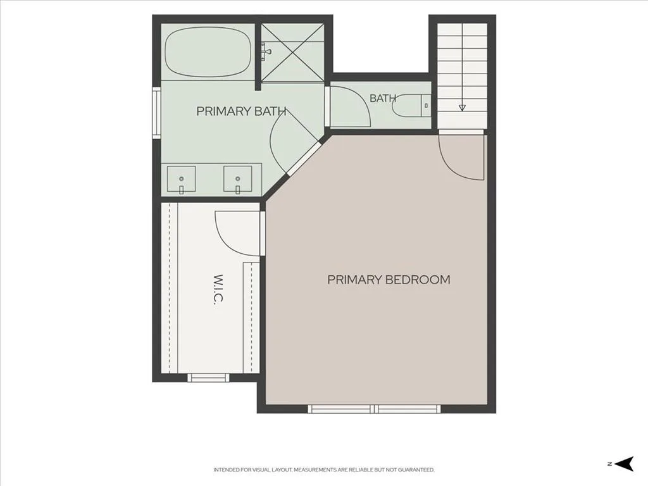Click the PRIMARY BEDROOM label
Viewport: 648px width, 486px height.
pos(389,280)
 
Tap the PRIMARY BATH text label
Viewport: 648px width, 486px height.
pos(241,111)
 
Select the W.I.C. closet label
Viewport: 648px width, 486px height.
pos(218,290)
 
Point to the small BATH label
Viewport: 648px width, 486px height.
pos(383,98)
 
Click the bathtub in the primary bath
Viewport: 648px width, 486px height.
pos(208,52)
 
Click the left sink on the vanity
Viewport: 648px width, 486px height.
pos(182,179)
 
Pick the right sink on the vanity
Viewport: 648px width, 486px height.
pos(238,179)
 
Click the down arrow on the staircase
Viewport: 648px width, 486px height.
pos(462,108)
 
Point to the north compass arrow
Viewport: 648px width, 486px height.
pos(624,464)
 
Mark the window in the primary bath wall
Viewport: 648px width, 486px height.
pos(156,113)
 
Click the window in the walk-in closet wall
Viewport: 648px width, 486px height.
pos(208,377)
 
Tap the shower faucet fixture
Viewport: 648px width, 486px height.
pos(265,52)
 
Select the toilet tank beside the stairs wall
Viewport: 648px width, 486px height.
pos(426,106)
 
